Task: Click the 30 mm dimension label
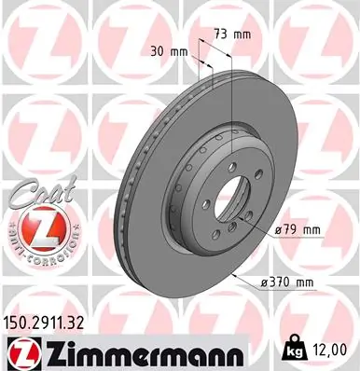pyautogui.click(x=165, y=51)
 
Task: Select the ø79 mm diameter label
pyautogui.click(x=298, y=229)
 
